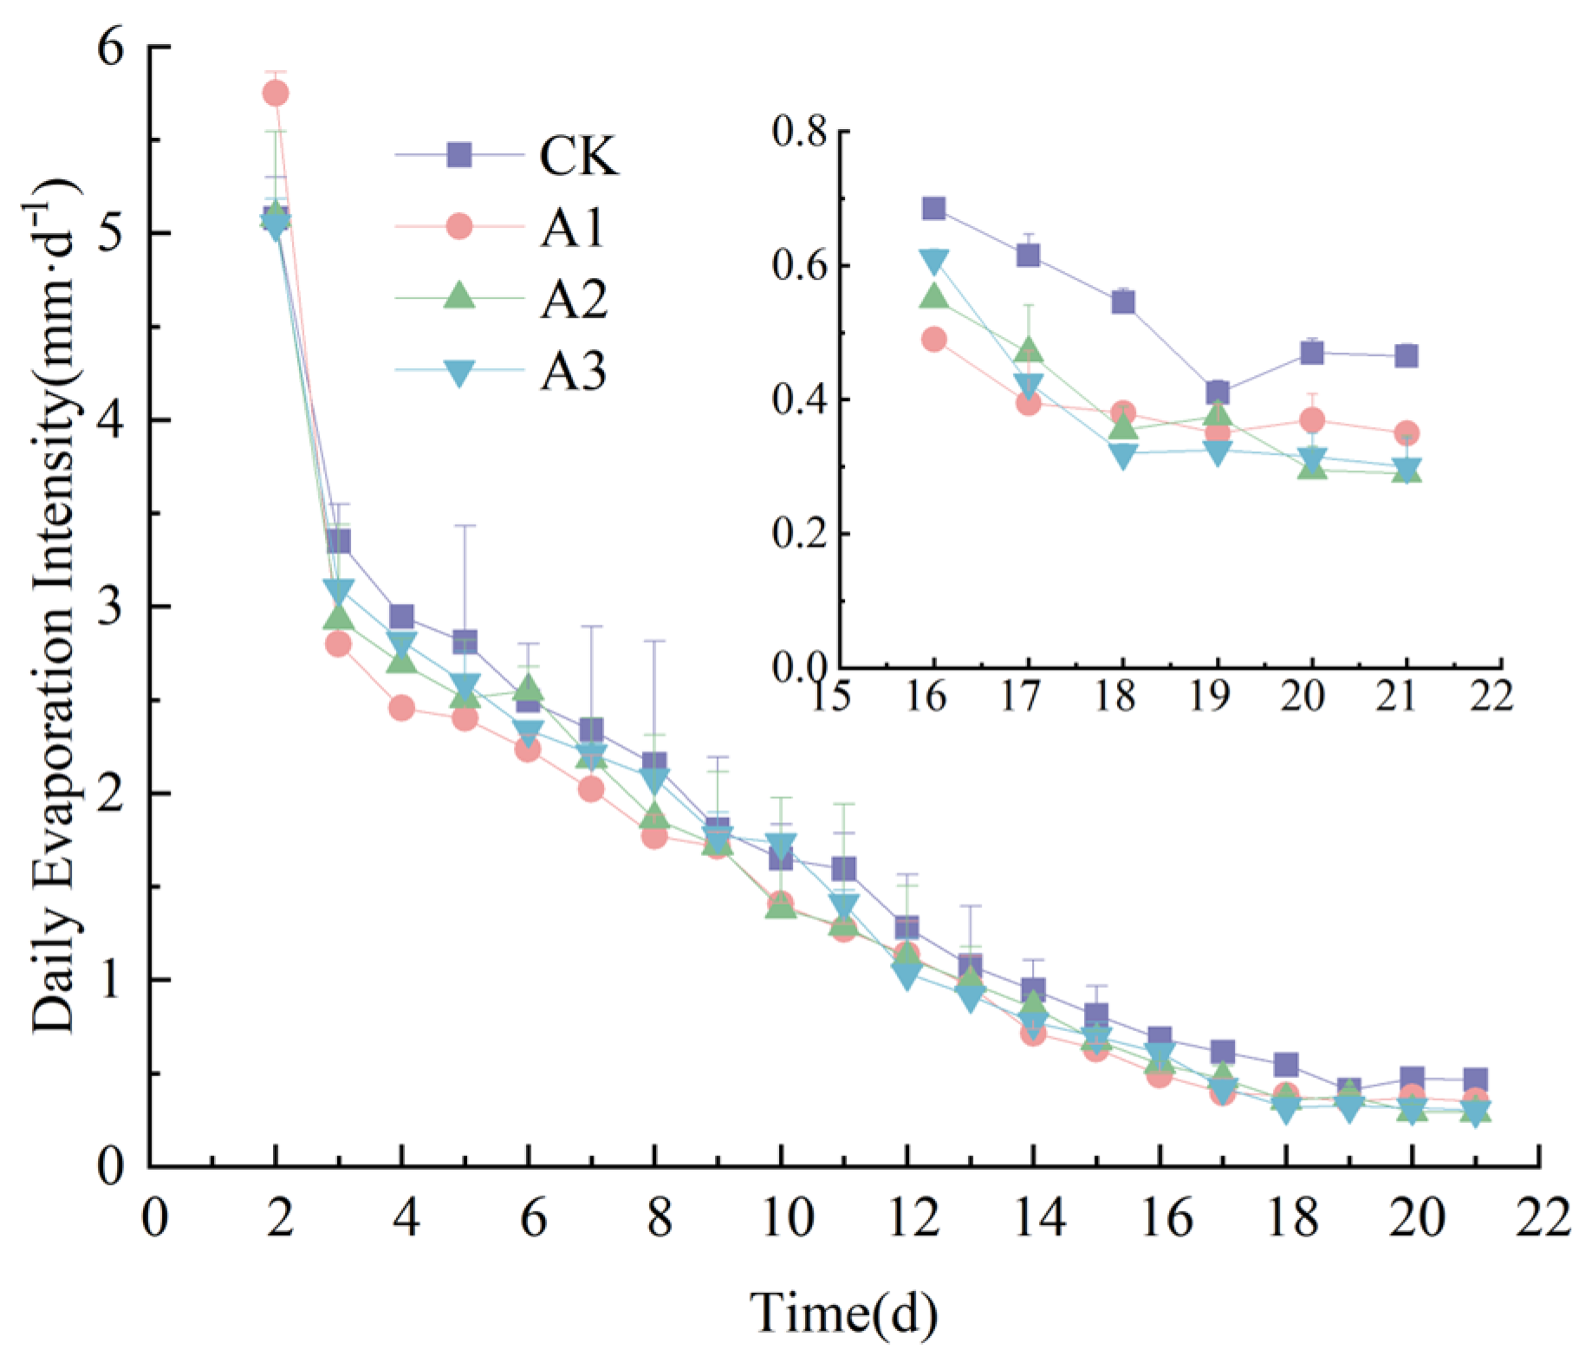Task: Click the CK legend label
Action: pyautogui.click(x=579, y=156)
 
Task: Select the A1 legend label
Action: pyautogui.click(x=573, y=228)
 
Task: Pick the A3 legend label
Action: pyautogui.click(x=574, y=372)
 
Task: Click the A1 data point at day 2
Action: pyautogui.click(x=276, y=93)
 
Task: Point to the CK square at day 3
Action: pyautogui.click(x=339, y=542)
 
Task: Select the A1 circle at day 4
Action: pyautogui.click(x=401, y=708)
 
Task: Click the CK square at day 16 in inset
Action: pyautogui.click(x=933, y=208)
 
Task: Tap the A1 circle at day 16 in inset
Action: pyautogui.click(x=933, y=339)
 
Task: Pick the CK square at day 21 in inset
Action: pyautogui.click(x=1406, y=355)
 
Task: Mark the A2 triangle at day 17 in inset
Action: pyautogui.click(x=1029, y=350)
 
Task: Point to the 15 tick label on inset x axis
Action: pyautogui.click(x=832, y=695)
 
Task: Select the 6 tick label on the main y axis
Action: pyautogui.click(x=113, y=48)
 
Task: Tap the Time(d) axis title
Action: pyautogui.click(x=843, y=1313)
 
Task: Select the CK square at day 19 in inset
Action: pyautogui.click(x=1218, y=393)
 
